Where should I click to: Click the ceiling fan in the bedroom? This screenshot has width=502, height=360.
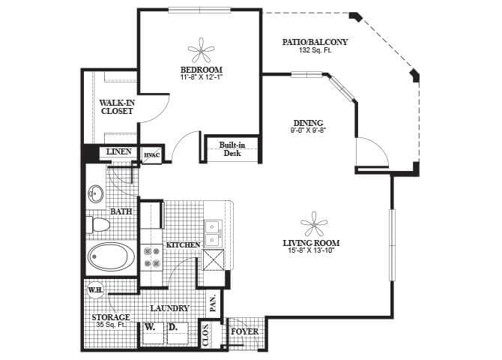click(x=200, y=52)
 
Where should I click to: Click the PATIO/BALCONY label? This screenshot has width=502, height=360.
click(x=315, y=42)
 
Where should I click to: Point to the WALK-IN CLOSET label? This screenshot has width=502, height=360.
click(x=116, y=106)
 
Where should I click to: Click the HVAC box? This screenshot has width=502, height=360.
click(x=151, y=154)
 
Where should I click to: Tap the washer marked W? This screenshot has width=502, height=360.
click(x=151, y=328)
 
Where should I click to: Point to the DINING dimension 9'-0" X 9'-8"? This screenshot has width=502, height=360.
click(x=308, y=130)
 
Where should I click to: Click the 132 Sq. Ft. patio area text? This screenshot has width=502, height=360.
click(x=315, y=50)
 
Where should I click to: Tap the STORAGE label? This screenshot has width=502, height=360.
click(x=112, y=317)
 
